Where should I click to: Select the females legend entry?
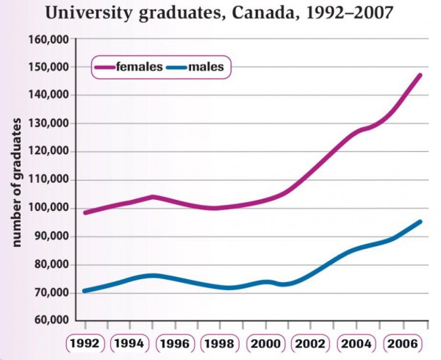(140, 67)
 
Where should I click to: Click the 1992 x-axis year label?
(85, 344)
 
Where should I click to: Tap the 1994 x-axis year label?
(131, 344)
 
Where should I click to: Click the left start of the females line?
(85, 212)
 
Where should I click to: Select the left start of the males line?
(85, 291)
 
